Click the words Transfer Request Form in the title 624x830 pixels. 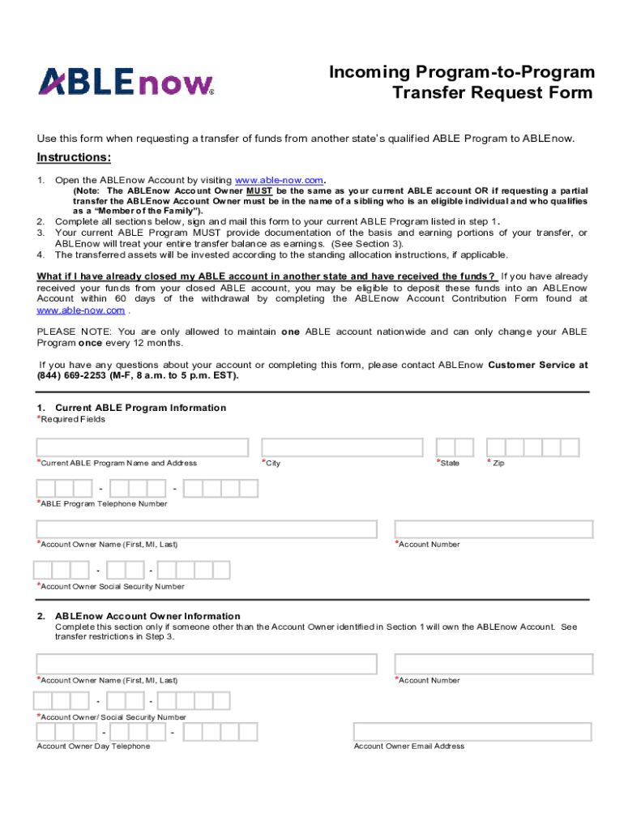coord(493,92)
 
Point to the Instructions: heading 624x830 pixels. coord(74,157)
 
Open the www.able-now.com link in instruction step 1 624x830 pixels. coord(280,180)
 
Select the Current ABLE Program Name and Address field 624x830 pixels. coord(142,447)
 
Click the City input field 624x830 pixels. coord(341,447)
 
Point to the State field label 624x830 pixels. coord(449,463)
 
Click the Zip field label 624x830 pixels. coord(497,464)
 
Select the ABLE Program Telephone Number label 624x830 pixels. coord(103,503)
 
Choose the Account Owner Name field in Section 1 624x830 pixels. coord(207,529)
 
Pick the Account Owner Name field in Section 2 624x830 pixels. coord(207,665)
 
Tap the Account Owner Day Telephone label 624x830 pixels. coord(93,746)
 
